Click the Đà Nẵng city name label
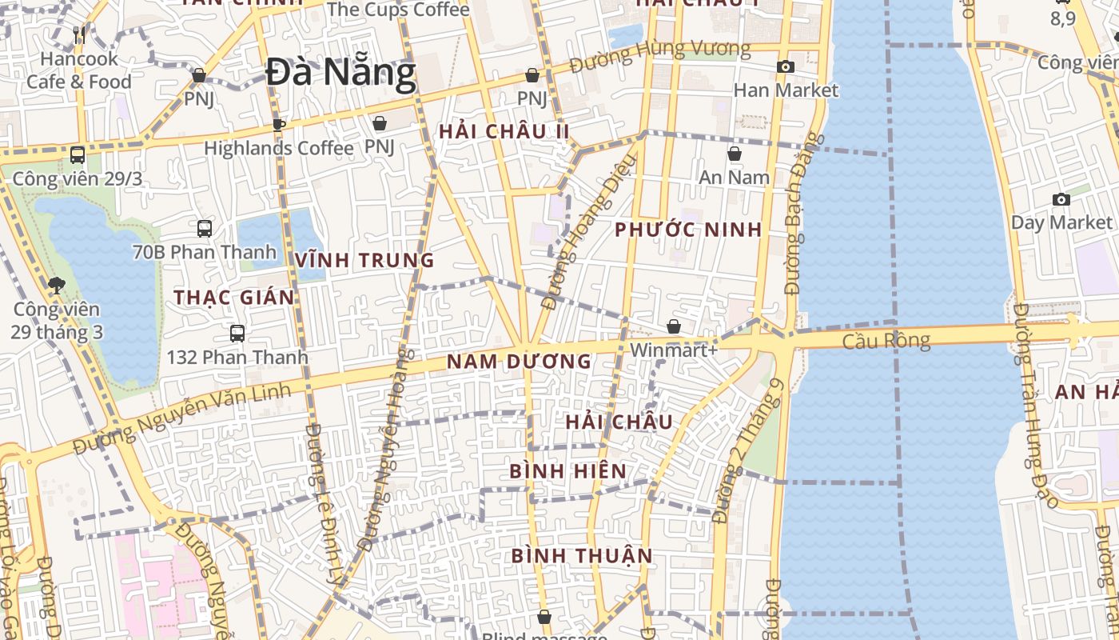pos(340,73)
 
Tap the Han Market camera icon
pos(786,67)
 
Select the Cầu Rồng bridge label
pos(886,342)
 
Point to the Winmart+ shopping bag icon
pos(674,326)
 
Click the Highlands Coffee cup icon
pos(278,125)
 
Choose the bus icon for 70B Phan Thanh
pos(205,229)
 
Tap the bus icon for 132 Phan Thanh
pos(237,334)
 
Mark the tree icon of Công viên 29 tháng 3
pos(56,285)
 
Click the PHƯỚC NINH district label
pos(688,230)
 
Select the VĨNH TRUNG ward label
pos(364,260)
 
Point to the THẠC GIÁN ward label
pos(234,298)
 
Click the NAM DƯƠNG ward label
pos(519,362)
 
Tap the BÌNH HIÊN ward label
pos(567,471)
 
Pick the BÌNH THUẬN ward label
pos(582,555)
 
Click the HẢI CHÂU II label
pos(504,131)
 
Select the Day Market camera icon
pos(1061,199)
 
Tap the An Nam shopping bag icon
pos(735,154)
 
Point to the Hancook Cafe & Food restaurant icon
pos(79,34)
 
